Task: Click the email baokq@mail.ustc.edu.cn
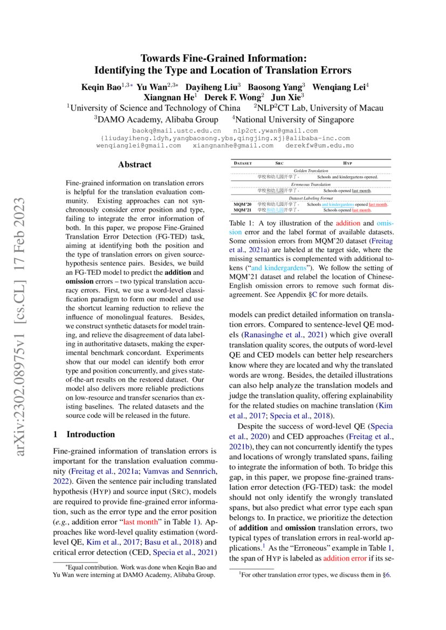pyautogui.click(x=176, y=130)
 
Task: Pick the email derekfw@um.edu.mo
pyautogui.click(x=319, y=146)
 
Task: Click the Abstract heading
pyautogui.click(x=135, y=165)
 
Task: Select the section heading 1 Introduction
pyautogui.click(x=84, y=434)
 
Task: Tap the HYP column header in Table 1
pyautogui.click(x=347, y=162)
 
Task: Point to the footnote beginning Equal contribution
pyautogui.click(x=135, y=571)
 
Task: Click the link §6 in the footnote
pyautogui.click(x=386, y=575)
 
